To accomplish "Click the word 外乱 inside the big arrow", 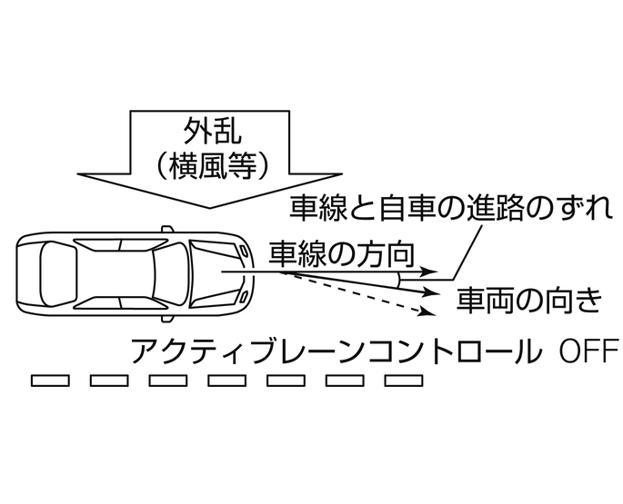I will (211, 129).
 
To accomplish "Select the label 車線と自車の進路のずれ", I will (447, 209).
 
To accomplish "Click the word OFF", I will (588, 350).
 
